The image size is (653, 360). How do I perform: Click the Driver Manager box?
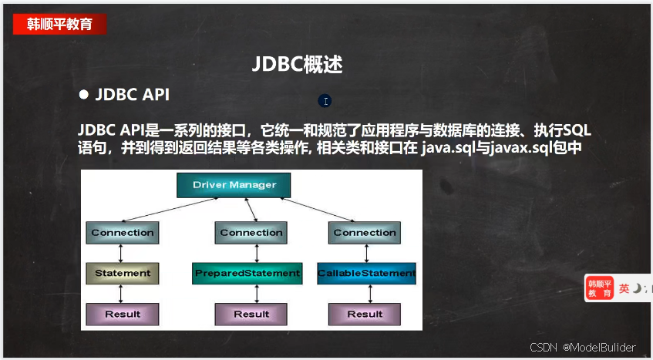click(234, 185)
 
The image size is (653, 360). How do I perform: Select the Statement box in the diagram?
click(123, 274)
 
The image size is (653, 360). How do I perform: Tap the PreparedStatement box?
click(247, 274)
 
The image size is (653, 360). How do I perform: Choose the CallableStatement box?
click(366, 274)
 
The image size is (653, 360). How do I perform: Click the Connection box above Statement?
click(123, 233)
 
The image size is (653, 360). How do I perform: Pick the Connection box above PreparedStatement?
click(251, 233)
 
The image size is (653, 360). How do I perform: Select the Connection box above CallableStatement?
click(365, 233)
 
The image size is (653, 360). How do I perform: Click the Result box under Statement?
click(123, 315)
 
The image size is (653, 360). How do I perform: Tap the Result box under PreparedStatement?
click(251, 315)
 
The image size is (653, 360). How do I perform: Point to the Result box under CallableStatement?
click(365, 315)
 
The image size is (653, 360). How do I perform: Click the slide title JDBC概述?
click(298, 65)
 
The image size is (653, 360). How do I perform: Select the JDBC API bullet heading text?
click(133, 95)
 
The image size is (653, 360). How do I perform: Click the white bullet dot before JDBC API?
click(84, 95)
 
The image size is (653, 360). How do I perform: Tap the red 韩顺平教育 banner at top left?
click(59, 24)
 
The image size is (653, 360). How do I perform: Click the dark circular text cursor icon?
click(325, 101)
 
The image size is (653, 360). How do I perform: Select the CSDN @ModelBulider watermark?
click(583, 347)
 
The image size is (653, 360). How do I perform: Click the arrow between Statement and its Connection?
click(121, 254)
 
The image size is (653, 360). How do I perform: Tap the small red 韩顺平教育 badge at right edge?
click(600, 288)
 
